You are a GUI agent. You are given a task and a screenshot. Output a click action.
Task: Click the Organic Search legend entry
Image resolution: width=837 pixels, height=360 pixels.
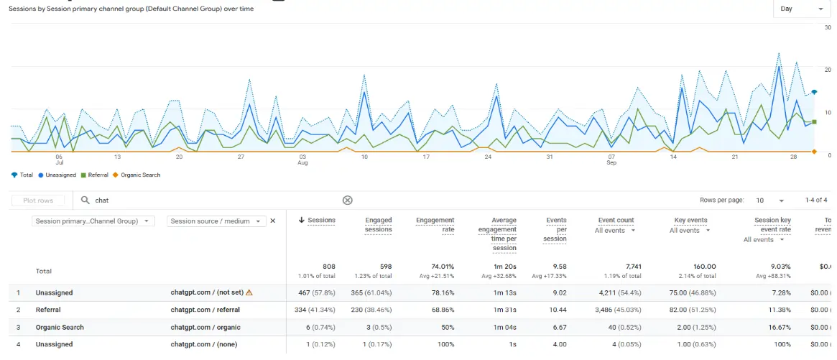[x=140, y=175]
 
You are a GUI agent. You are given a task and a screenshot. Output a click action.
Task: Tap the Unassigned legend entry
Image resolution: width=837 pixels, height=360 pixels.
[x=57, y=175]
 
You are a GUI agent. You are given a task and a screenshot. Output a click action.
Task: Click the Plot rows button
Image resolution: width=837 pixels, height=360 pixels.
[x=38, y=200]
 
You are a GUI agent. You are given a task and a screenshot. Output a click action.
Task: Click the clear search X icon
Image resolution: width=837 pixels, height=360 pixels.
[x=347, y=200]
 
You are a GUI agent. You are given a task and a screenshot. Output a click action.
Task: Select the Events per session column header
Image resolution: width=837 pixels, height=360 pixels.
[x=555, y=229]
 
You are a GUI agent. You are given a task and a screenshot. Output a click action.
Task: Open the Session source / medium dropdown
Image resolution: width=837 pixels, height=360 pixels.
[x=216, y=221]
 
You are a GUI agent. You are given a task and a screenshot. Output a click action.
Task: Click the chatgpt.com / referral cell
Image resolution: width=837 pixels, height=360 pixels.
[x=205, y=310]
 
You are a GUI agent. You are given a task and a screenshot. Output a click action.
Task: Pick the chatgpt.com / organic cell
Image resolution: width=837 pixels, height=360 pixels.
[x=205, y=327]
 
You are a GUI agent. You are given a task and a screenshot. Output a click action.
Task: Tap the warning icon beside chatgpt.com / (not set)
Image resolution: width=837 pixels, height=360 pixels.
[x=249, y=292]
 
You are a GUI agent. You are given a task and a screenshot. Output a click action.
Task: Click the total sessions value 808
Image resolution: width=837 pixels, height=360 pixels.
[x=328, y=267]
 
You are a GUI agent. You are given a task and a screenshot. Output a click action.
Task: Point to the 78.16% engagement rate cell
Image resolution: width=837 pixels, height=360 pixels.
[x=441, y=292]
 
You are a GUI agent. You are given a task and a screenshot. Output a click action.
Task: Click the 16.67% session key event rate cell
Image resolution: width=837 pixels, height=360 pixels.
[x=778, y=327]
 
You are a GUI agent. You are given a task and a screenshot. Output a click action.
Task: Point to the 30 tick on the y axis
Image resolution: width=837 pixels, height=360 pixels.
[x=828, y=27]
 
